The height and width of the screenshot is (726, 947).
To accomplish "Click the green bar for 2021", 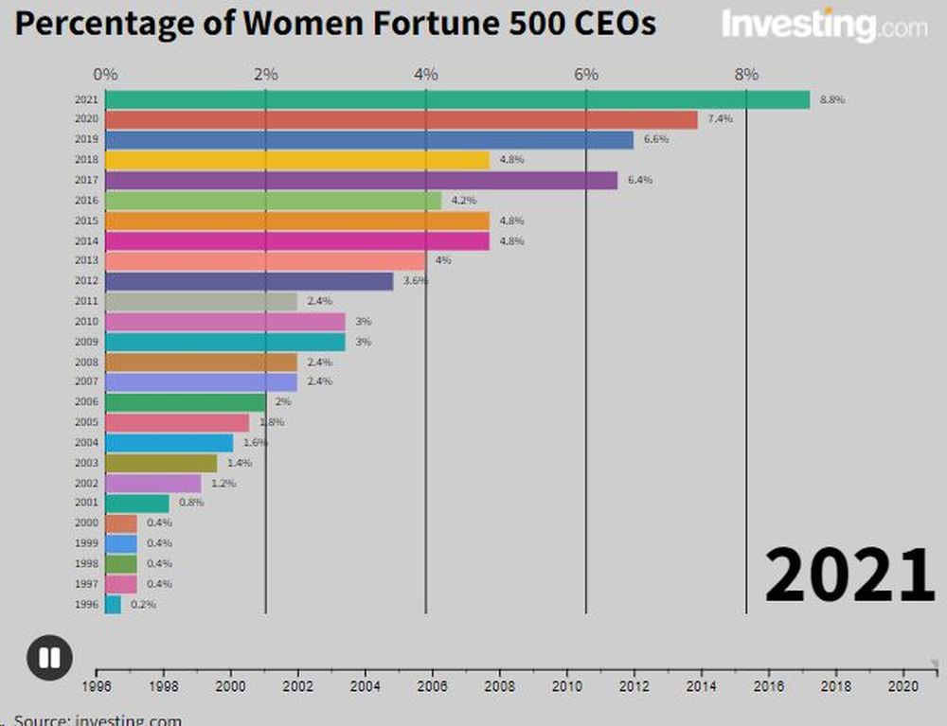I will click(457, 100).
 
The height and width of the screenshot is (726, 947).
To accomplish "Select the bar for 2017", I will click(361, 180).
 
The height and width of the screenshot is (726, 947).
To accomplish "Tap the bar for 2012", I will click(249, 281).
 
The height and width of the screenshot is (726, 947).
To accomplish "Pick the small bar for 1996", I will click(113, 604).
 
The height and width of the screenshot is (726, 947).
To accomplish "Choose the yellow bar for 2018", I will click(297, 160).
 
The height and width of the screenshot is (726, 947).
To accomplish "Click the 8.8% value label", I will click(831, 99).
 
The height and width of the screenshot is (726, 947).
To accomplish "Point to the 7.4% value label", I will click(720, 119).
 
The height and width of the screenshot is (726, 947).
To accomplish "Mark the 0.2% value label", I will click(142, 604).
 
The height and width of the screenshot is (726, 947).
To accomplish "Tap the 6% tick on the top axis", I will click(586, 74).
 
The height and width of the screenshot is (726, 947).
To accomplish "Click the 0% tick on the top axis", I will click(105, 74).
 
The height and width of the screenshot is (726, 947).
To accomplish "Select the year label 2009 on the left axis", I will click(85, 342).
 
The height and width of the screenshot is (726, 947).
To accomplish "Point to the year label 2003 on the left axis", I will click(85, 463).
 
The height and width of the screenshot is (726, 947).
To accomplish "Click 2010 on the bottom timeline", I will click(567, 686).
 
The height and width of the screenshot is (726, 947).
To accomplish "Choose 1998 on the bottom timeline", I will click(164, 686).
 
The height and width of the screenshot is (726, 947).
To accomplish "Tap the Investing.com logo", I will click(824, 26).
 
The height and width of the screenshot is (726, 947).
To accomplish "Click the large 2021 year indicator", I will click(849, 575).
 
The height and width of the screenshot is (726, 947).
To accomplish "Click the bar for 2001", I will click(136, 504).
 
